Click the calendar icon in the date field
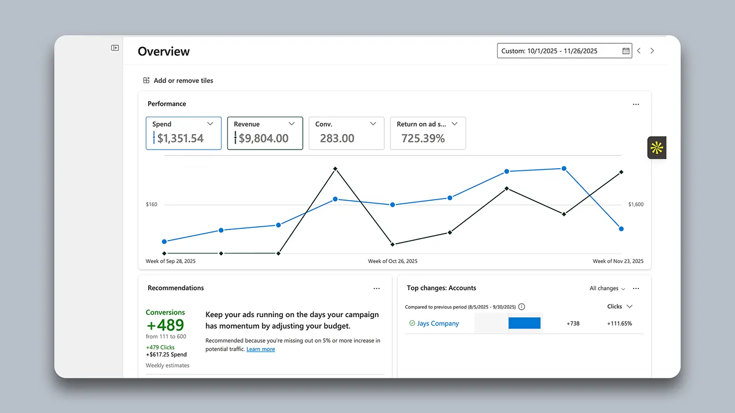626,51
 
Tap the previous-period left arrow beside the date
639,51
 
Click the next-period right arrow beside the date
652,51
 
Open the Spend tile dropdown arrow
210,124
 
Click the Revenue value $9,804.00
263,138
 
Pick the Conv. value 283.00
337,138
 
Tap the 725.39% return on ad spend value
423,138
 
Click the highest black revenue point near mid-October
335,169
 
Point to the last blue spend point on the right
621,229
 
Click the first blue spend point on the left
164,242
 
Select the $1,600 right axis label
636,204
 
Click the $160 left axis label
151,204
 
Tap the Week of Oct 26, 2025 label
392,261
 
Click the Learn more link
261,349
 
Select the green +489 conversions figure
165,325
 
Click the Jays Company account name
438,323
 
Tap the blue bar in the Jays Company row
524,323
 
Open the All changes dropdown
608,288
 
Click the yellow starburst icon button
657,148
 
